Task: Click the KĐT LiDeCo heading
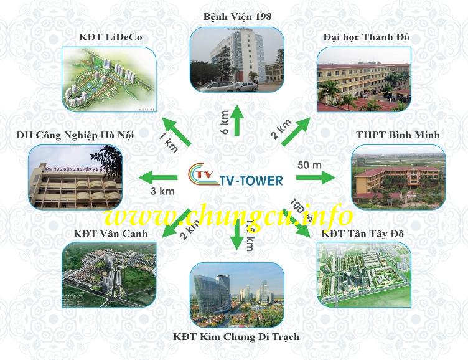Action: tap(111, 37)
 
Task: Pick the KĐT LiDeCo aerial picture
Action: tap(109, 80)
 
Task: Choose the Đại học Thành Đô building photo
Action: tap(364, 80)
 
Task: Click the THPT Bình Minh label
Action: tap(398, 135)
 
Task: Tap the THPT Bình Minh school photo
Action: tap(398, 178)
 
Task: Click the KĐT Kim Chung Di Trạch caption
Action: tap(236, 337)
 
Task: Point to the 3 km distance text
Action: tap(163, 191)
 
